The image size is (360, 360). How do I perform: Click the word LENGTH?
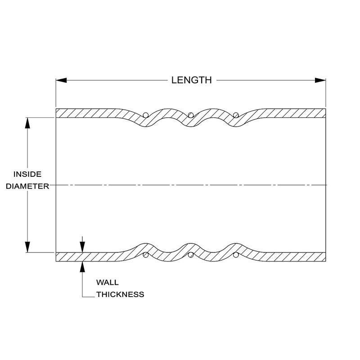click(x=191, y=81)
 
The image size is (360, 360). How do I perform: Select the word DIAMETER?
click(x=27, y=186)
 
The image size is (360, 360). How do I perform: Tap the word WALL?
click(x=108, y=283)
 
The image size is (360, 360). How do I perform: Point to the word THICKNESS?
click(x=120, y=295)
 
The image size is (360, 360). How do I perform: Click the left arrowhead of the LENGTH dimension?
click(x=61, y=81)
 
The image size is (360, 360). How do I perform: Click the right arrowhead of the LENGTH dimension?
click(x=320, y=81)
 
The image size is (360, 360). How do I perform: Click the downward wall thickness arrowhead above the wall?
click(x=82, y=247)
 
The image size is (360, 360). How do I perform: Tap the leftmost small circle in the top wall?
click(x=145, y=115)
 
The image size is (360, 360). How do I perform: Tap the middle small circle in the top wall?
click(x=190, y=115)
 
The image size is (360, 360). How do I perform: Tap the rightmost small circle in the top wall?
click(x=235, y=115)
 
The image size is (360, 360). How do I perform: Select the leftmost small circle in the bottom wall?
click(x=145, y=256)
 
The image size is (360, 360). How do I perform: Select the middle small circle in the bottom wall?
click(x=190, y=256)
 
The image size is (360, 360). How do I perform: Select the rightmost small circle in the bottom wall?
click(x=235, y=256)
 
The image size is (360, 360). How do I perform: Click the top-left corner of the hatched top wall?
click(x=56, y=109)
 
